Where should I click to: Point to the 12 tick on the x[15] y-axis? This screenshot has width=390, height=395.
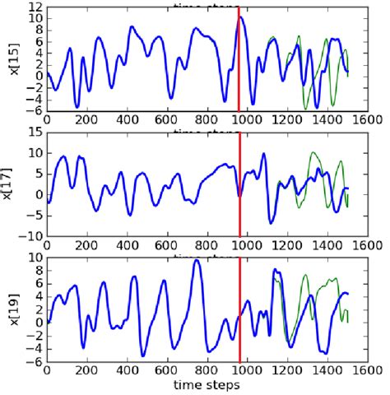[x=34, y=7]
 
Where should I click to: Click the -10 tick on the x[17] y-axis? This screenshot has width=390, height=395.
[x=30, y=235]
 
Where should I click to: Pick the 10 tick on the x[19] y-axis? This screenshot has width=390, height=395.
[x=34, y=257]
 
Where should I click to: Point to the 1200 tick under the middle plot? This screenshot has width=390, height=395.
[x=288, y=244]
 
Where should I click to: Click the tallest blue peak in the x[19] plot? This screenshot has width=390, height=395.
[x=196, y=262]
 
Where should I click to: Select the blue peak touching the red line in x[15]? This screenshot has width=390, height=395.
[x=239, y=17]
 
